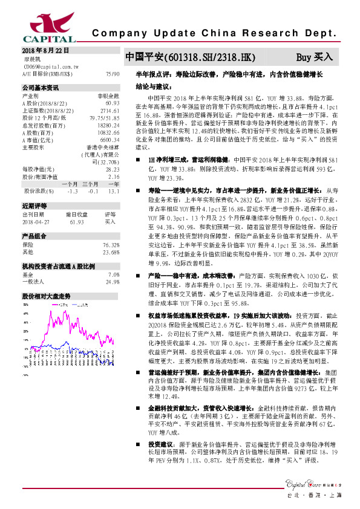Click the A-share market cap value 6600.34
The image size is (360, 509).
point(109,140)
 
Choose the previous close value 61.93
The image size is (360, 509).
point(76,222)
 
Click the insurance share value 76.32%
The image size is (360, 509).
point(111,245)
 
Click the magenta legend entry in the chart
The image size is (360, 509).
point(61,305)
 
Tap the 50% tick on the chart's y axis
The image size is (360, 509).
point(27,305)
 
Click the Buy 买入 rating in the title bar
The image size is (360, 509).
point(315,57)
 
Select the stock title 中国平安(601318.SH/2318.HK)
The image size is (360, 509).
point(187,57)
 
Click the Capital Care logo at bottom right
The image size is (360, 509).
point(314,483)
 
